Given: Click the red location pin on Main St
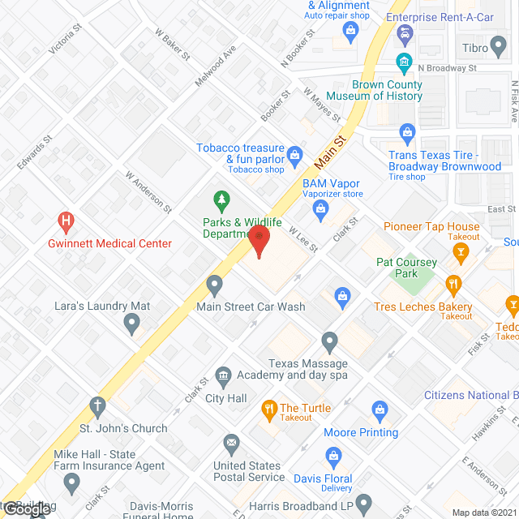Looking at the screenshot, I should [258, 241].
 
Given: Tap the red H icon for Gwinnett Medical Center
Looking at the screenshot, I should [66, 221].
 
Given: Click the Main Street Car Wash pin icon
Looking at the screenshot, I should [215, 285].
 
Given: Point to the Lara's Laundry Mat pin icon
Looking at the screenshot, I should [132, 325].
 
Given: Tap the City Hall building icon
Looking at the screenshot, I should [223, 376].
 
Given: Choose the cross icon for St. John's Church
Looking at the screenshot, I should [97, 406].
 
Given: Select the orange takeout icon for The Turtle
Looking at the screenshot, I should [266, 409].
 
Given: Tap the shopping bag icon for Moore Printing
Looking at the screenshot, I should [378, 410].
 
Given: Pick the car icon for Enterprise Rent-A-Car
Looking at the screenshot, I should [404, 33].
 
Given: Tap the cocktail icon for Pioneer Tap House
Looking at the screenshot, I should [461, 254].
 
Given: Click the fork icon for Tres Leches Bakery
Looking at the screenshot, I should [453, 284].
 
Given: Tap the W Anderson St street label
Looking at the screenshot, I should [148, 191].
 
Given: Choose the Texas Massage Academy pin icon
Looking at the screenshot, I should [329, 341].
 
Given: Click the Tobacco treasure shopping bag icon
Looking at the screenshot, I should [296, 152].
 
